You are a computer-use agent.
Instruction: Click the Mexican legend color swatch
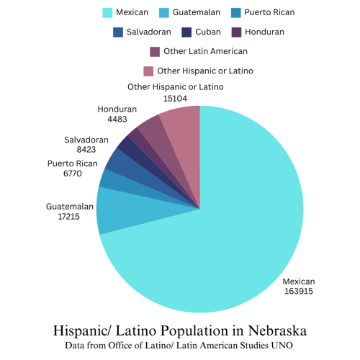coord(107,12)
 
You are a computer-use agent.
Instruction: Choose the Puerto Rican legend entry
coord(269,12)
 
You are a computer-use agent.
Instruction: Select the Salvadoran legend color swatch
coord(118,32)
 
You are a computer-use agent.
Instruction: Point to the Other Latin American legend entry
coord(205,51)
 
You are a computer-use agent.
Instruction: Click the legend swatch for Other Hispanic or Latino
coord(148,71)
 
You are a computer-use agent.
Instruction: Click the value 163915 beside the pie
coord(298,291)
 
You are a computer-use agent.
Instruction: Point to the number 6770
coord(72,174)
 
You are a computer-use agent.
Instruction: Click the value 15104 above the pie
coord(176,97)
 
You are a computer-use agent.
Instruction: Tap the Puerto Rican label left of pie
coord(72,163)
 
